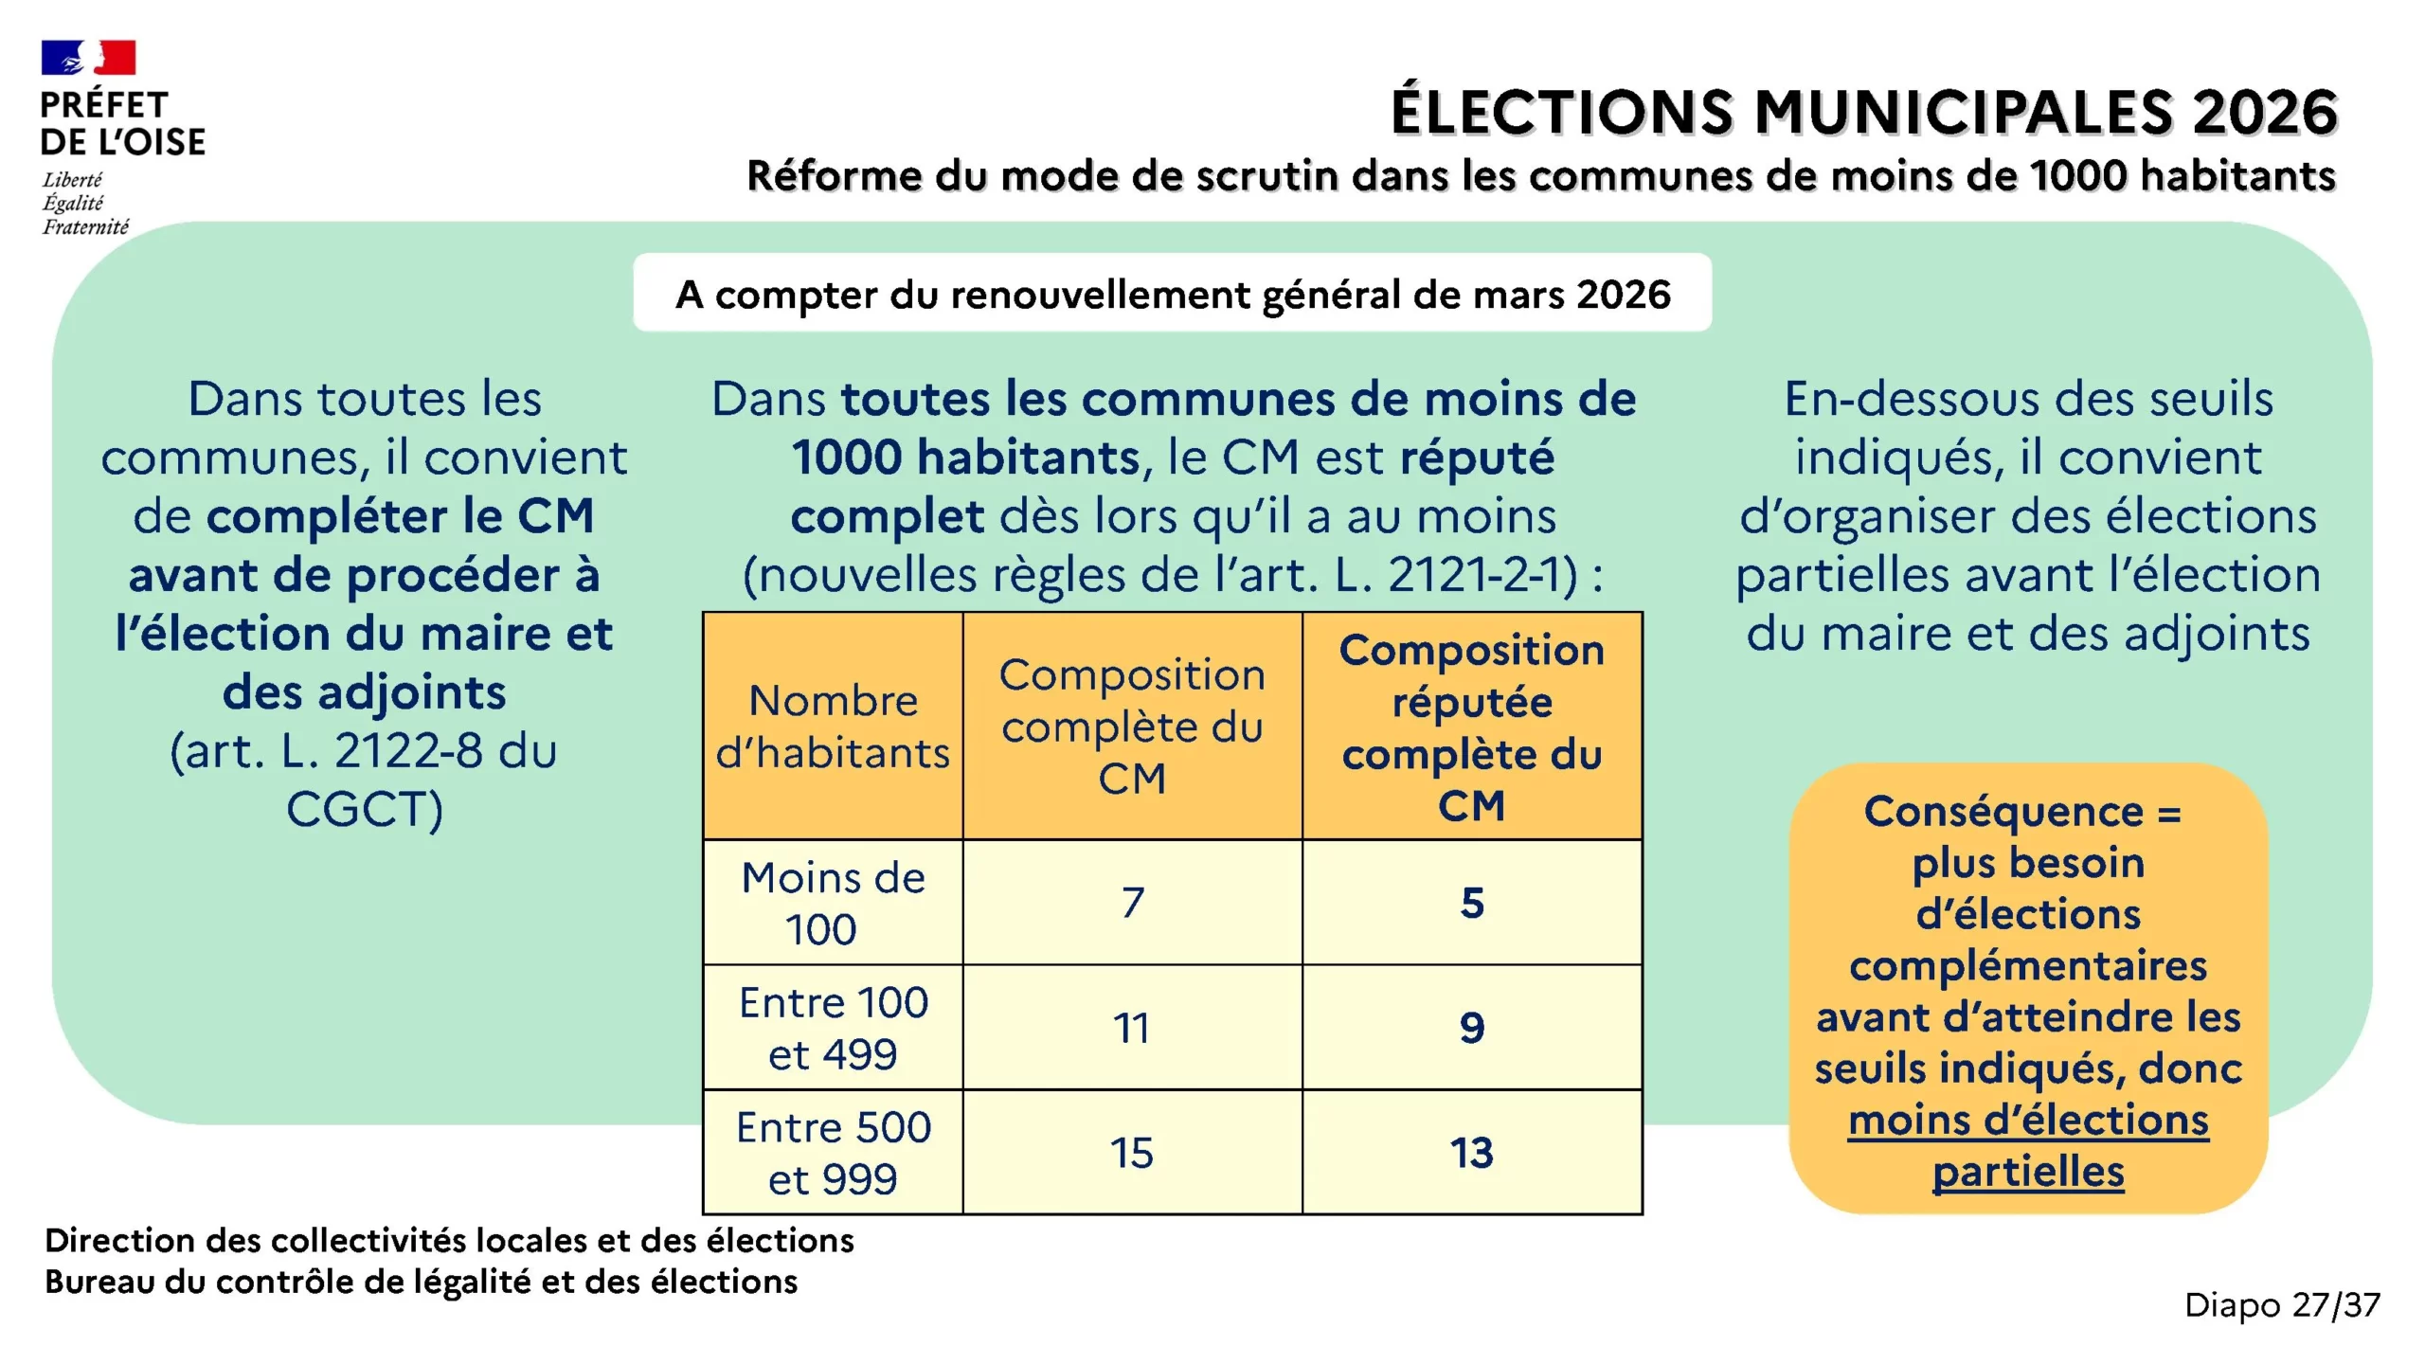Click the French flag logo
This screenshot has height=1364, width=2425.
88,58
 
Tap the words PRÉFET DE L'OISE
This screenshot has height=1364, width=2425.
122,123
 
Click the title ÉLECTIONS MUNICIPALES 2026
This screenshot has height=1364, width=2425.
1863,112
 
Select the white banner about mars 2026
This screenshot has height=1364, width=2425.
1172,294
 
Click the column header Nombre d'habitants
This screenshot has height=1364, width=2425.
833,727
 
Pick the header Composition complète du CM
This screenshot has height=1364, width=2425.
1132,727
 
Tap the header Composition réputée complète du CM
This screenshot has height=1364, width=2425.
1471,727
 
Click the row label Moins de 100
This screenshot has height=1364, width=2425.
833,903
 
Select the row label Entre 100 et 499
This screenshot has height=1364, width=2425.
833,1028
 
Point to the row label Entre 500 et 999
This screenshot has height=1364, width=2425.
833,1153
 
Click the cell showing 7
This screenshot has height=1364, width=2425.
1132,903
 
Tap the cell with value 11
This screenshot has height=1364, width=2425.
1132,1028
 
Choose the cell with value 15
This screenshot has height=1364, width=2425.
1132,1153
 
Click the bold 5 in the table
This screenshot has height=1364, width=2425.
1471,903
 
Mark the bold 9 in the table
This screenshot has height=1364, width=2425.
1471,1028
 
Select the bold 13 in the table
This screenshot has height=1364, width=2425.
1471,1153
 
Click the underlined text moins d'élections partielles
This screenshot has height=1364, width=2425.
2028,1146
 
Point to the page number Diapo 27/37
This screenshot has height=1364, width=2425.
2281,1305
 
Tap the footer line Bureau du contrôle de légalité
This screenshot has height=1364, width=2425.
421,1282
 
